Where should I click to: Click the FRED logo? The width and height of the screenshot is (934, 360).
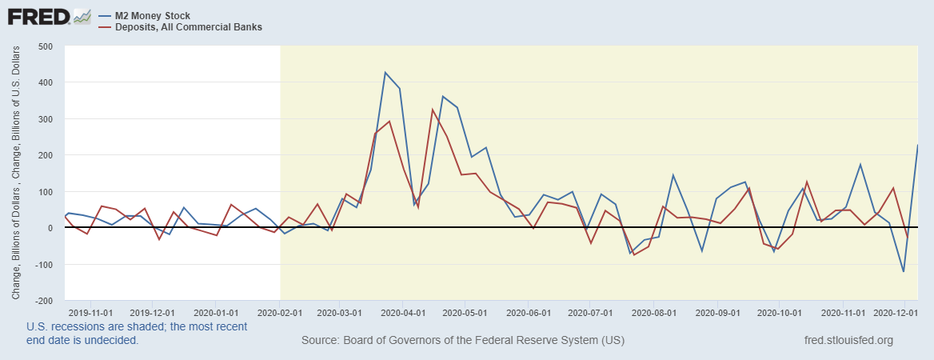point(37,16)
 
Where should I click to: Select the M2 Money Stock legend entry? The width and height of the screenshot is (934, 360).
point(152,15)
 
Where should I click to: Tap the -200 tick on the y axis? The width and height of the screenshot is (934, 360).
point(43,301)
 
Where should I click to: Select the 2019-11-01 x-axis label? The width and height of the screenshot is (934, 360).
point(90,312)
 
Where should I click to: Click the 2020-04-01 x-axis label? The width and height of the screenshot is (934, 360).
point(404,312)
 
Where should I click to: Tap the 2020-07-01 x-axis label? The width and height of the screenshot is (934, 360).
point(590,312)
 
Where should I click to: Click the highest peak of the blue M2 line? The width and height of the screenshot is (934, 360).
point(385,73)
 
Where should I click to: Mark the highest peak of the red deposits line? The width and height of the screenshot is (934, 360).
point(433,110)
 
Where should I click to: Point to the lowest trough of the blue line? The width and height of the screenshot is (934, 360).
point(904,272)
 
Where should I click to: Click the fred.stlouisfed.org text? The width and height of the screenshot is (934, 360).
point(848,341)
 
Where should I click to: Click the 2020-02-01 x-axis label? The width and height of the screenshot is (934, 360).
point(279,312)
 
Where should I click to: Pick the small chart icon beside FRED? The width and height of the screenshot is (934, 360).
point(82,16)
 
